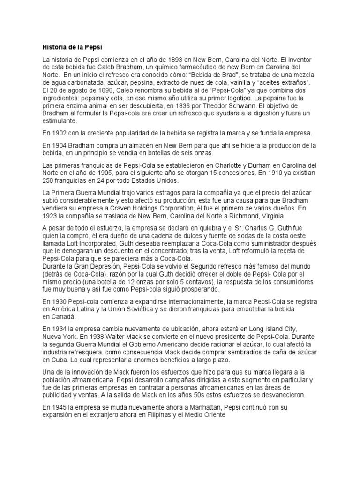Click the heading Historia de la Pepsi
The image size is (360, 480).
(x=72, y=47)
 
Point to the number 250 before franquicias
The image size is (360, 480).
(x=48, y=181)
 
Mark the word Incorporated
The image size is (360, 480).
(x=90, y=245)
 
